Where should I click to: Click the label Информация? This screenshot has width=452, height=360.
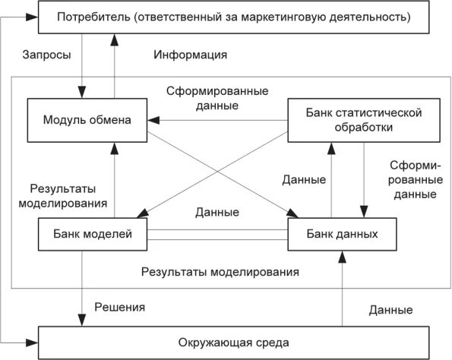point(191,56)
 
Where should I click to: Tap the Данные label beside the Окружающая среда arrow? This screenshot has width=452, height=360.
point(390,310)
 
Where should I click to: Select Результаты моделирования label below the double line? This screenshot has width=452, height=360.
point(220,271)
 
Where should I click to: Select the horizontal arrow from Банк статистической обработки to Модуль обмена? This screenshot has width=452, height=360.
point(220,120)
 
